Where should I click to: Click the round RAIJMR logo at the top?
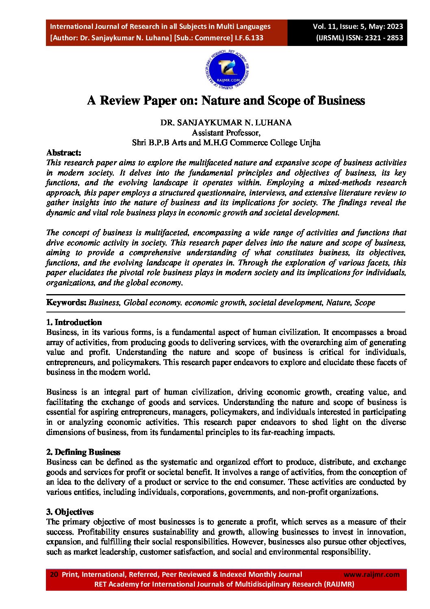228,70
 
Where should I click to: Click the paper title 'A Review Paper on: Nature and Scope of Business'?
226,100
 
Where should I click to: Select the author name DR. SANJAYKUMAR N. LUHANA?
226,122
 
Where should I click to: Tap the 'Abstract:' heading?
64,153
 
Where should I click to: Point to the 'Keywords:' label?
66,302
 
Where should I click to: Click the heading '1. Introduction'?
74,322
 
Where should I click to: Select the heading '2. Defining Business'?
83,452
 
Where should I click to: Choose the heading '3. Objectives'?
70,512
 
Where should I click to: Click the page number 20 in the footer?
54,574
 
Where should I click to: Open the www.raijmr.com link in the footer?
371,574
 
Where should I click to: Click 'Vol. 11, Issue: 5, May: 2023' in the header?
358,26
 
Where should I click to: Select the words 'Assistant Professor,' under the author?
226,133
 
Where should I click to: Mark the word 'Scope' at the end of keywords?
365,302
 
